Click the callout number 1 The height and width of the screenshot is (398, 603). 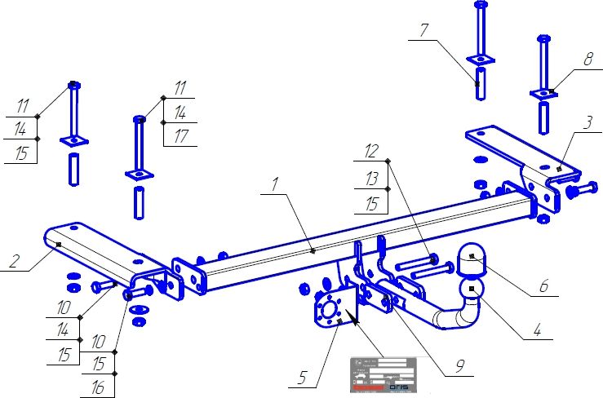tap(275, 185)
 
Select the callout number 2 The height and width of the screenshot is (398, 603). tap(14, 262)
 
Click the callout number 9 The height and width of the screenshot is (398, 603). tap(462, 367)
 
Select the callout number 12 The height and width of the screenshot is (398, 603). tap(371, 150)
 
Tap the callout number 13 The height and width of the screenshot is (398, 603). tap(372, 177)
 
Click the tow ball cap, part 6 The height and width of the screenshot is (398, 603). tap(471, 259)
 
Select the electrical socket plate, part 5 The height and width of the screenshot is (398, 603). tap(334, 310)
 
